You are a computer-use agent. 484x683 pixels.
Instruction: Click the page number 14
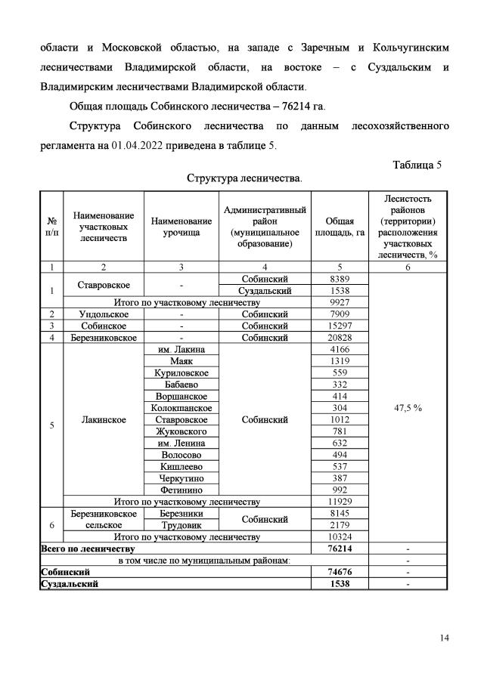coord(445,638)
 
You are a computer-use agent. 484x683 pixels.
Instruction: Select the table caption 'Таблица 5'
coord(422,165)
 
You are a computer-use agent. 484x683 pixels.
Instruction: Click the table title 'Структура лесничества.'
coord(244,180)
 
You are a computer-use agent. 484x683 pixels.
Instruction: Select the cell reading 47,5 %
coord(408,407)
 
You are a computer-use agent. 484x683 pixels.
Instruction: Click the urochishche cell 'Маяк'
coord(181,361)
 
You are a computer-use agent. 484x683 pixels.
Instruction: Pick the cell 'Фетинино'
coord(181,489)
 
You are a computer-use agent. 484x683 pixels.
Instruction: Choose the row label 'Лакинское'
coord(103,419)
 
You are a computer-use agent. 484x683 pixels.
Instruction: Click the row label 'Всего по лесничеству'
coord(87,548)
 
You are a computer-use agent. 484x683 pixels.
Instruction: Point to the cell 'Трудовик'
coord(181,524)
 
